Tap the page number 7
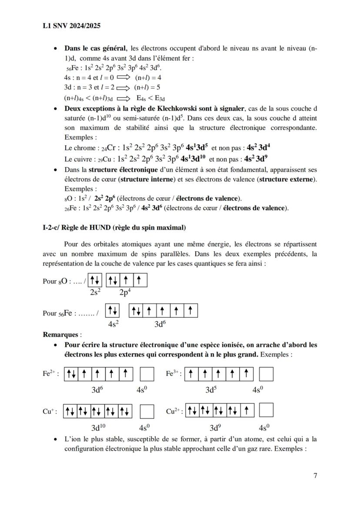(315, 476)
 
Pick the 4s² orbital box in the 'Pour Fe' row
(113, 310)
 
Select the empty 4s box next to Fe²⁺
(147, 374)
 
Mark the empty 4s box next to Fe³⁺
(266, 374)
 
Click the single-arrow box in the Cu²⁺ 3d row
(247, 411)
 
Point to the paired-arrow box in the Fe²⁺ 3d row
(71, 374)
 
